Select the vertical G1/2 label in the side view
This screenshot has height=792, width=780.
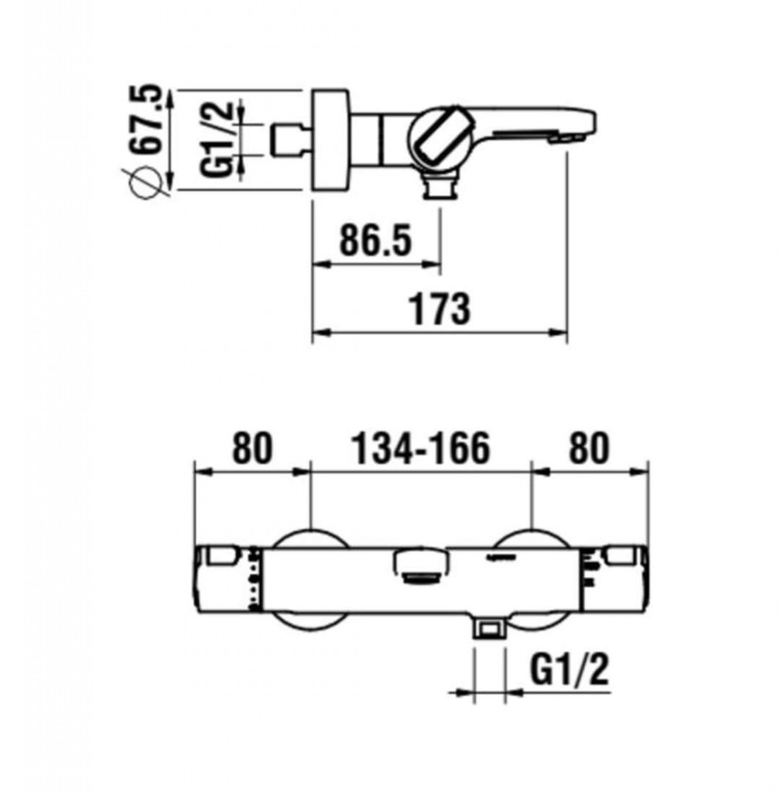coord(216,139)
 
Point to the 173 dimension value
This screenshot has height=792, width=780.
coord(439,309)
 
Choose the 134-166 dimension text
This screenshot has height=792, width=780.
coord(420,448)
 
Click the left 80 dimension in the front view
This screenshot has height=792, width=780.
coord(252,448)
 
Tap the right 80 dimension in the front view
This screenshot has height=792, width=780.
coord(589,448)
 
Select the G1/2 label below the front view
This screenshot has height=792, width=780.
coord(570,669)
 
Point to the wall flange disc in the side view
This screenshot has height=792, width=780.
coord(331,140)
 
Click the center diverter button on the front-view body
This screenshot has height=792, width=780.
coord(421,567)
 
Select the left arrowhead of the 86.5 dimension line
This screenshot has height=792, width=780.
coord(322,264)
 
